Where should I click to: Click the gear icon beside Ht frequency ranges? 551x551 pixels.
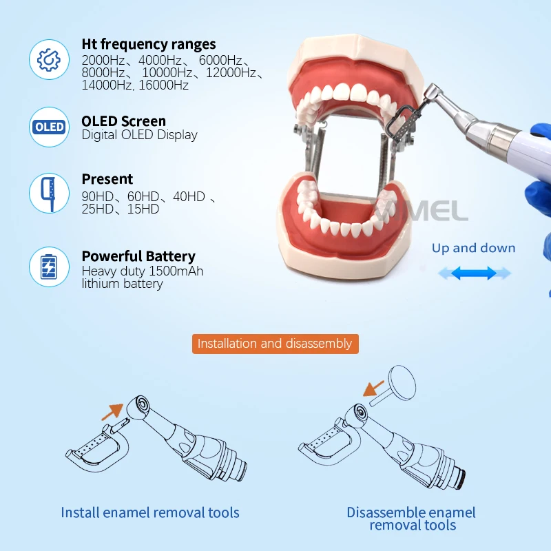(49, 59)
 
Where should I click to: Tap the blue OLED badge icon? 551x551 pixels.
(49, 127)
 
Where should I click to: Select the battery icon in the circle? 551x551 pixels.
(49, 267)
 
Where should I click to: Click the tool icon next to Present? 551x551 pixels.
(49, 192)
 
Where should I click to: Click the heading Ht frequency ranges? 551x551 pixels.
(148, 45)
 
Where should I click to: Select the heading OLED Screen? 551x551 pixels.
(123, 121)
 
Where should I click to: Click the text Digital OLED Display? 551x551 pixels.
(139, 135)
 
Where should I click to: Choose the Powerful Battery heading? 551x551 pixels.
(138, 256)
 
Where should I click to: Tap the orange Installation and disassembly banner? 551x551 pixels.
(275, 344)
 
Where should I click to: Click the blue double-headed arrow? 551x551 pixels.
(475, 273)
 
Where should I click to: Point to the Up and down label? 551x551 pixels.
(473, 248)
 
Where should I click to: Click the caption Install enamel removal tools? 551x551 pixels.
(150, 512)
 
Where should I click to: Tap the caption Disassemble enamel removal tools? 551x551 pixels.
(411, 519)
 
